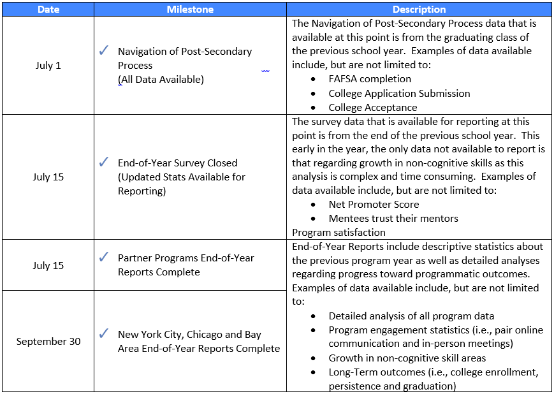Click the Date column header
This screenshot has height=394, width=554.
48,10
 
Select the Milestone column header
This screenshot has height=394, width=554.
190,10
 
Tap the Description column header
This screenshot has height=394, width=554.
419,10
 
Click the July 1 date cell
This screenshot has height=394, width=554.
48,66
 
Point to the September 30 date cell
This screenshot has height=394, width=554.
48,341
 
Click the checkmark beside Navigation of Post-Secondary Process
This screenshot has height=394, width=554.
105,51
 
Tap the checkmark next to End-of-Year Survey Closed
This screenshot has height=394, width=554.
105,163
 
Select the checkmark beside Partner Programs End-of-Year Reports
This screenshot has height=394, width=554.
105,258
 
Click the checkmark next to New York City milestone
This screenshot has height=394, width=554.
105,334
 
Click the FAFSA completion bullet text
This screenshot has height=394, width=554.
370,79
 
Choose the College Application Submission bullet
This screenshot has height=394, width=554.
399,93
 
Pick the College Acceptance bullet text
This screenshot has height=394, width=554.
373,108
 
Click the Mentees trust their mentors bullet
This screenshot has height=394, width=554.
393,219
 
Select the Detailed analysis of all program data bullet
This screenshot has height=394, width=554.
411,316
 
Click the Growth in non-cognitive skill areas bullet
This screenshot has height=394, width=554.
407,358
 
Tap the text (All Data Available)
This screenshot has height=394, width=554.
161,80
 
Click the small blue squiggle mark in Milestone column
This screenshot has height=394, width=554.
265,71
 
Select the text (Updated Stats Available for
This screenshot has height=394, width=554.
181,177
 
